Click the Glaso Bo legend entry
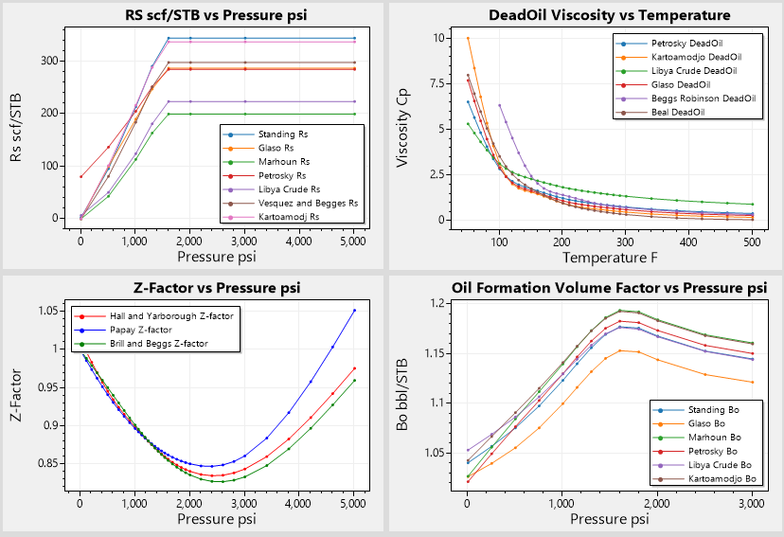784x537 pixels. pos(700,423)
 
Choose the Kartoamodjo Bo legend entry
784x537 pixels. pos(709,479)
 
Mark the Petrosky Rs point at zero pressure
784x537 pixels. pos(80,176)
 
